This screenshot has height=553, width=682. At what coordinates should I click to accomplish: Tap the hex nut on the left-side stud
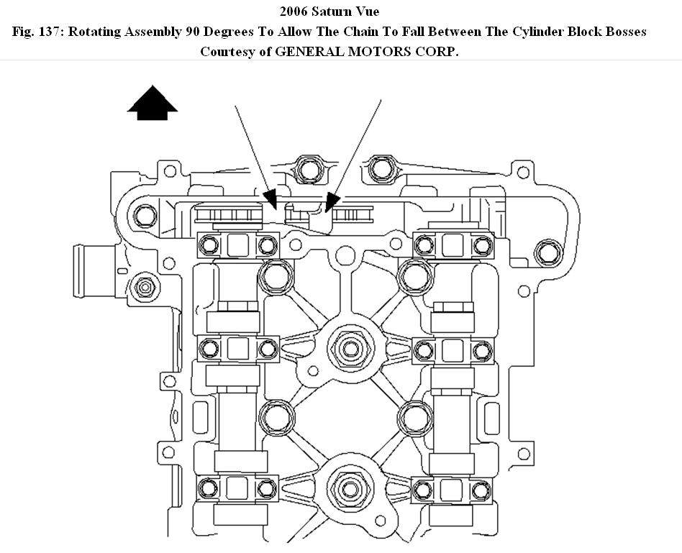click(145, 287)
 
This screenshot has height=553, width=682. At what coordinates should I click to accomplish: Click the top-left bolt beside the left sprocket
click(146, 215)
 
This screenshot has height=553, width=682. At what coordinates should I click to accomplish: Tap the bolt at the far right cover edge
click(548, 251)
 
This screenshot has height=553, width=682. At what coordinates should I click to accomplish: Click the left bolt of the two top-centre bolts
click(308, 168)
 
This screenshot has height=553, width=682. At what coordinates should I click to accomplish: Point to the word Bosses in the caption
click(623, 32)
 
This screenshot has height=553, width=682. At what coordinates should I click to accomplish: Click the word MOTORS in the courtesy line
click(388, 52)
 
